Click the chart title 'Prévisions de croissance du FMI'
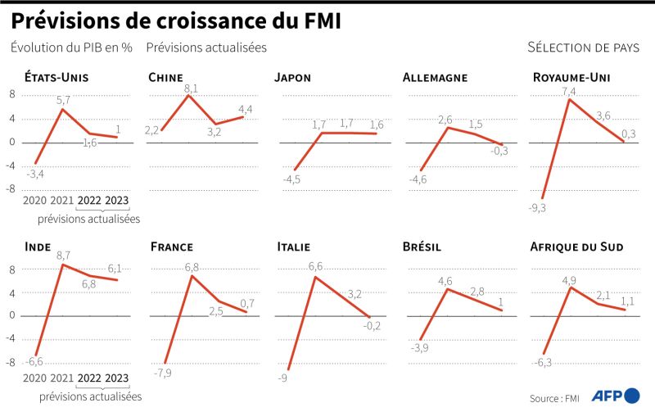coord(175,20)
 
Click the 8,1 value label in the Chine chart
coord(191,88)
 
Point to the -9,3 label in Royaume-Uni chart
coord(538,207)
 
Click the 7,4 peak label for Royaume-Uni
coord(569,91)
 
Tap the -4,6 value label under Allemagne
coord(418,179)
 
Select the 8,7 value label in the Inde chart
coord(64,256)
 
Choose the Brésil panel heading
coord(422,246)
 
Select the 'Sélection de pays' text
coord(583,48)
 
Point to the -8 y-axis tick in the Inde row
coord(12,362)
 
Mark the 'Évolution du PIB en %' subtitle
coord(71,48)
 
